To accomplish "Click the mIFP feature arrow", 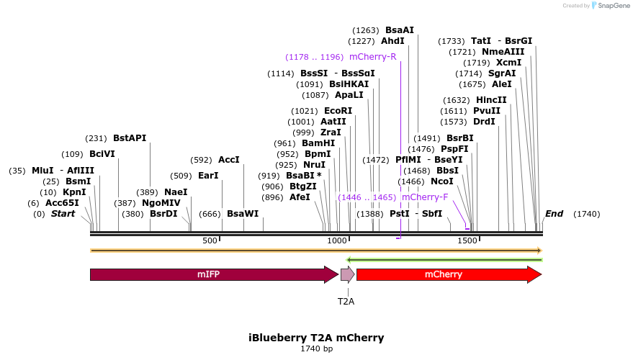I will [208, 274].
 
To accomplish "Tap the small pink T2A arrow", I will [347, 274].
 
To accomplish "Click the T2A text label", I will [346, 301].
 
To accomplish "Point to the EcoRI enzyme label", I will [338, 111].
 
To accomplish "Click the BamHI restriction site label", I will [318, 143].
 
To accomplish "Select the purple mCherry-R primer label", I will [372, 57].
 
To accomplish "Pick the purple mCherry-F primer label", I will [424, 197].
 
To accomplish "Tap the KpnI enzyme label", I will [74, 192].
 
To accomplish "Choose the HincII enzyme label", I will [491, 100].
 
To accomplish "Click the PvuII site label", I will [487, 111].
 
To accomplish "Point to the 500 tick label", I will [210, 240].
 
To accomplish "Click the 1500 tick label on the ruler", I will [467, 240].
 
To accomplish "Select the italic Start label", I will [63, 214].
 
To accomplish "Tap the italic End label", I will [554, 214].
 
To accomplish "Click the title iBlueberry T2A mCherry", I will [316, 338].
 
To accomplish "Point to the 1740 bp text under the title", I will [316, 349].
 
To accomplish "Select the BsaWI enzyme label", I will [243, 214].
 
